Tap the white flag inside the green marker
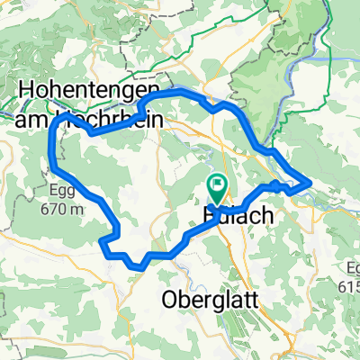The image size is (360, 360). [218, 186]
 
